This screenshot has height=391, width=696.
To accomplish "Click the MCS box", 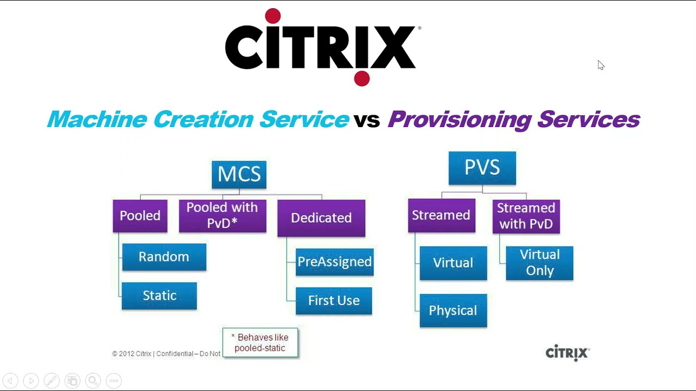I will [239, 174].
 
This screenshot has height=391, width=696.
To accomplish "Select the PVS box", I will [482, 168].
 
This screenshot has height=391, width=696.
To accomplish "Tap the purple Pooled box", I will [140, 216].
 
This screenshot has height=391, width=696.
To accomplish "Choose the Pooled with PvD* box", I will [222, 216].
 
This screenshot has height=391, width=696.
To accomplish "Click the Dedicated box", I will [321, 218].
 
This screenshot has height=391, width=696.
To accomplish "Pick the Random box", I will [164, 257].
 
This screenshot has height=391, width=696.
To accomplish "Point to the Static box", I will [159, 295].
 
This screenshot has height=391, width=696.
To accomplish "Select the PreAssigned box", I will [334, 262].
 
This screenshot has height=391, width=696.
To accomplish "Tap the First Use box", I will [333, 300].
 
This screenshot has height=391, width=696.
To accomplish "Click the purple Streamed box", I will [441, 215].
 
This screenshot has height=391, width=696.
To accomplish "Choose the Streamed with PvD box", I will [526, 216].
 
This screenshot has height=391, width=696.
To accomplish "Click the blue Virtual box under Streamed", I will [453, 263].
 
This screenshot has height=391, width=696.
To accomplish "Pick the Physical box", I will [453, 310].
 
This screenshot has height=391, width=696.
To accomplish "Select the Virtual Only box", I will [539, 263].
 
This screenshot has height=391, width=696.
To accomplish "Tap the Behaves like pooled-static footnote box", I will [260, 343].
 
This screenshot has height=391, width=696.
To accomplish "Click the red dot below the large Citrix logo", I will [362, 78].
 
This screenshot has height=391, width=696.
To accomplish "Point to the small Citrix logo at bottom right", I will [567, 353].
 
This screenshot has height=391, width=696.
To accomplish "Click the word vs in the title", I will [366, 120].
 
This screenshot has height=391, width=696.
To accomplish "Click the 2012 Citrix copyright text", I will [166, 354].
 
